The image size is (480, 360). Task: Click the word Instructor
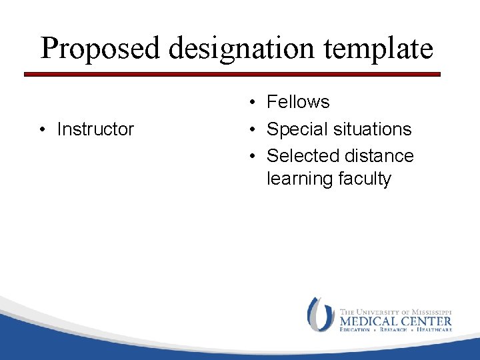click(95, 129)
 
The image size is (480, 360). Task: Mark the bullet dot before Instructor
click(42, 129)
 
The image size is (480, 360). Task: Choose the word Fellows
click(298, 102)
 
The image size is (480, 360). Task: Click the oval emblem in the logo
click(321, 315)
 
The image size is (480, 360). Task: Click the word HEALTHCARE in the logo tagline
click(434, 330)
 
